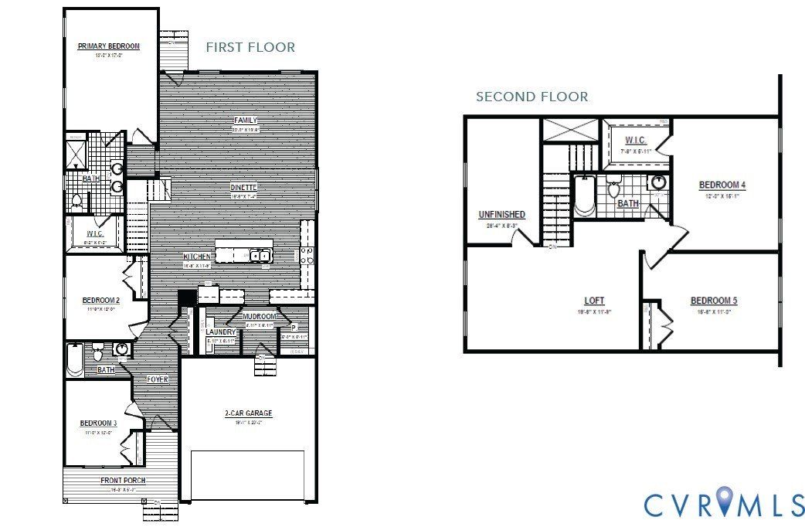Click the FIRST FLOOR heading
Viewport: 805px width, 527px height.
pos(250,47)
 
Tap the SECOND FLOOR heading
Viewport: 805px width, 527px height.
pos(532,97)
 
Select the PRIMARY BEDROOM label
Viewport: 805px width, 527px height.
pos(109,46)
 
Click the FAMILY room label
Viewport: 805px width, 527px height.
pos(246,121)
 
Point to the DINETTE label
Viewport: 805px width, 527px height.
pos(243,187)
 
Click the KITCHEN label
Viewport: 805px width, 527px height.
pos(197,257)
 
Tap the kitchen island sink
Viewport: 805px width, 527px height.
pos(260,255)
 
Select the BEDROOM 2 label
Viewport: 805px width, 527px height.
pos(100,301)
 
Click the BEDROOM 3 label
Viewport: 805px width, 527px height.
pos(98,423)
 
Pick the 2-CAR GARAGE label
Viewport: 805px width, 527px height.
pos(248,413)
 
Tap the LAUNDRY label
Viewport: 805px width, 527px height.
pos(220,331)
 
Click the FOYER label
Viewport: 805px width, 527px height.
pos(158,379)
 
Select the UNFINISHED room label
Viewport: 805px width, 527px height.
pos(502,214)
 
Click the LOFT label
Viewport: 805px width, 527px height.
pos(594,300)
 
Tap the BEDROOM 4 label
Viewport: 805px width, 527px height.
pos(722,185)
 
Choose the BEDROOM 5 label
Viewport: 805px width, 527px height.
pos(711,301)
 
